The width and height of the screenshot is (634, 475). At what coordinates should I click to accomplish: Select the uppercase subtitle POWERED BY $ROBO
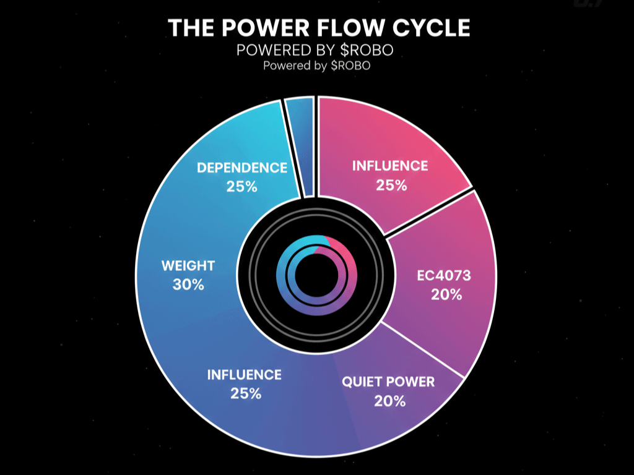[315, 50]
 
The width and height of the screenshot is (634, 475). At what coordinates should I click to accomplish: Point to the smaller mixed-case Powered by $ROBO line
[317, 66]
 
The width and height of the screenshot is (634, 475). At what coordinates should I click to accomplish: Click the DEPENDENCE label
[241, 168]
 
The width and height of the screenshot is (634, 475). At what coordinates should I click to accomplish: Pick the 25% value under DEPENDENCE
[241, 186]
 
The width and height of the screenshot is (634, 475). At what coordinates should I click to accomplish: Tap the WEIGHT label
[188, 266]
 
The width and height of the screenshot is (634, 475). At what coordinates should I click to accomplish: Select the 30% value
[188, 285]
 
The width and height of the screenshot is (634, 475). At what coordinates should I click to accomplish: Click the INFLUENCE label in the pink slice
[390, 166]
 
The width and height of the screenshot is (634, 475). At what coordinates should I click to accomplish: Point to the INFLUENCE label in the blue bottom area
[244, 375]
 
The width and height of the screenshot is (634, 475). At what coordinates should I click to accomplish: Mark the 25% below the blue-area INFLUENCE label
[245, 393]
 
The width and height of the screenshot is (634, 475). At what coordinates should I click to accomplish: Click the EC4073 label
[443, 276]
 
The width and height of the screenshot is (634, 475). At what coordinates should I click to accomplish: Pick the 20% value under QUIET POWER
[390, 401]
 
